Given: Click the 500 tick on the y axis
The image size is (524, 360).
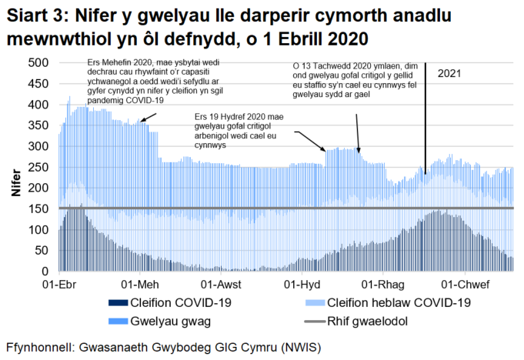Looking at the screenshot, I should [38, 62].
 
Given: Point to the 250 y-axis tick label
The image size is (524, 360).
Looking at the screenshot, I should [38, 167].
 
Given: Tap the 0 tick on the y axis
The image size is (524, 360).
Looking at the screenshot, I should [46, 272].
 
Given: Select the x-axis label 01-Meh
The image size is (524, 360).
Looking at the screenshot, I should [139, 285].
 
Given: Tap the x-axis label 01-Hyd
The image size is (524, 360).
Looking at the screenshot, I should [302, 285].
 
